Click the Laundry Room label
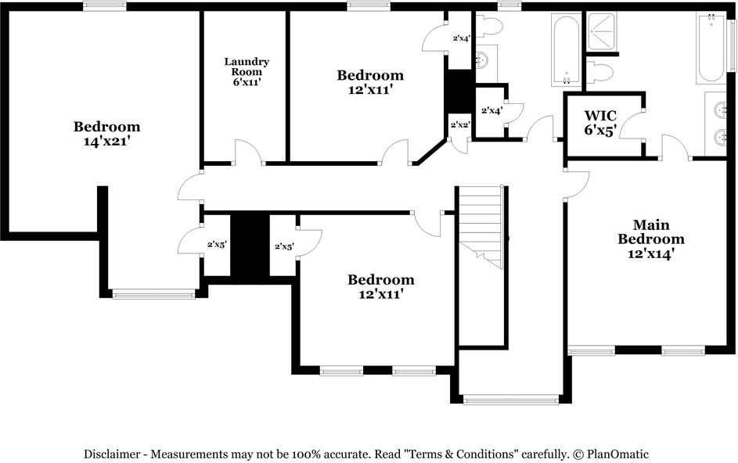[247, 71]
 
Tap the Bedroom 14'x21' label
[106, 134]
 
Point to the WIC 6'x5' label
[600, 123]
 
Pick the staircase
[479, 227]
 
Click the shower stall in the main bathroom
[601, 33]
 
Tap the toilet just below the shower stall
[599, 73]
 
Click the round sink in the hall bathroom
[482, 58]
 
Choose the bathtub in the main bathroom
[710, 48]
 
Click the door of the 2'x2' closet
[460, 145]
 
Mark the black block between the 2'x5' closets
[250, 244]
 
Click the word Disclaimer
[113, 454]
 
